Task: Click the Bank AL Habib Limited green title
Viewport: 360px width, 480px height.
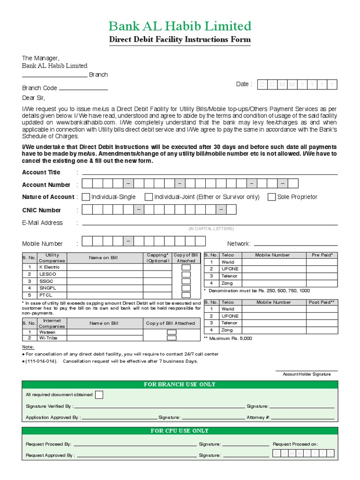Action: click(180, 26)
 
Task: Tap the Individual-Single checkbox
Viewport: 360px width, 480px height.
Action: click(86, 197)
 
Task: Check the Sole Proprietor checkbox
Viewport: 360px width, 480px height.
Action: click(271, 197)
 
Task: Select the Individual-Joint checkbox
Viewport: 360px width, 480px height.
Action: click(149, 197)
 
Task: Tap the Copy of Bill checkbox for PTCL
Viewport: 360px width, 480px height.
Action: click(186, 295)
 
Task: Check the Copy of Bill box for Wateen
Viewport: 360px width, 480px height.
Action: click(172, 332)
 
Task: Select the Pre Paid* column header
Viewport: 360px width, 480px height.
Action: click(322, 255)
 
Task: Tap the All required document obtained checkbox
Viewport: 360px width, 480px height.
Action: click(99, 395)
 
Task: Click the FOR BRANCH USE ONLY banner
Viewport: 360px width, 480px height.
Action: click(180, 384)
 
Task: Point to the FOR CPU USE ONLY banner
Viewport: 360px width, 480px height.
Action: click(180, 431)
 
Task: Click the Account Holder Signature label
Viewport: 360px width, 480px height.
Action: click(307, 374)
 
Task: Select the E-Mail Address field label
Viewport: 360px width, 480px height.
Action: click(42, 223)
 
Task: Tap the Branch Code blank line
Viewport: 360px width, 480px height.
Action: click(83, 89)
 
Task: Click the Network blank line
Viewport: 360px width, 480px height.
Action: click(295, 244)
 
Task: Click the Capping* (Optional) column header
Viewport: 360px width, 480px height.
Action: click(157, 258)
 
